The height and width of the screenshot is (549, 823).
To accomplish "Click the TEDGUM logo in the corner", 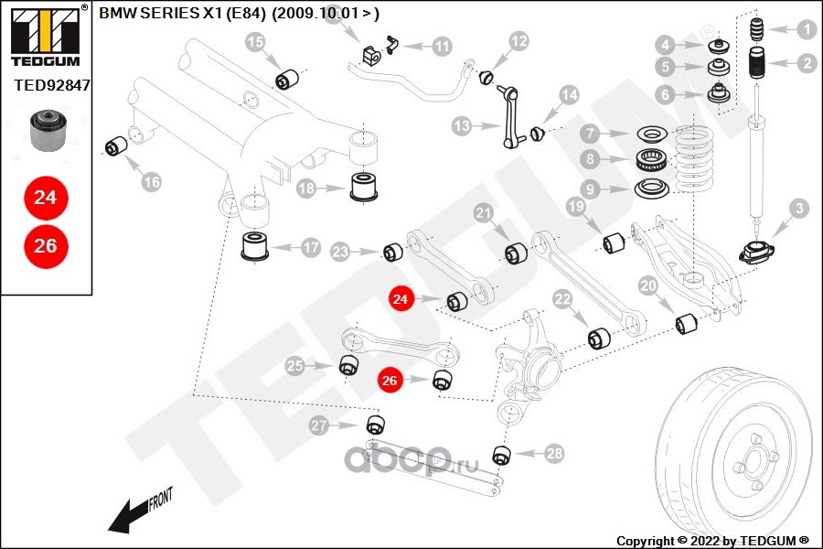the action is [46, 36].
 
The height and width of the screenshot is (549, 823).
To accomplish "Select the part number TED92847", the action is [51, 85].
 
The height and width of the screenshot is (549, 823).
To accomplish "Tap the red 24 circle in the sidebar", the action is [46, 198].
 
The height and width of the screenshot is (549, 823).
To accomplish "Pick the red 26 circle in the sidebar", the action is [46, 246].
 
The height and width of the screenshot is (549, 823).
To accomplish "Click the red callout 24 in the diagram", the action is [400, 299].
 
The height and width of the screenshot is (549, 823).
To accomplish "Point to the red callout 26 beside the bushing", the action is [390, 380].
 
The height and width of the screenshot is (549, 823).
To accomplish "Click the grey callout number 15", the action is [256, 41].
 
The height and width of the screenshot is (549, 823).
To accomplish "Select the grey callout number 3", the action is [799, 209].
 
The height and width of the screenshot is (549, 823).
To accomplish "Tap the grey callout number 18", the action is [306, 188].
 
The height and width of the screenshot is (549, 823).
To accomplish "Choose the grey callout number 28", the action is [554, 454].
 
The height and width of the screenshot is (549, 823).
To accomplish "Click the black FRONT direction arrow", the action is [139, 512].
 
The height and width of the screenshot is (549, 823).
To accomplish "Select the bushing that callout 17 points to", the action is [254, 246].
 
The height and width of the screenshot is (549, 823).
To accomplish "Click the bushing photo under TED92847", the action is [48, 130].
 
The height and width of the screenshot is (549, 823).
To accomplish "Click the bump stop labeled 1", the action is [756, 30].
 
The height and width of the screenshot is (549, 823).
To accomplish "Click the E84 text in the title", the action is [246, 13].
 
